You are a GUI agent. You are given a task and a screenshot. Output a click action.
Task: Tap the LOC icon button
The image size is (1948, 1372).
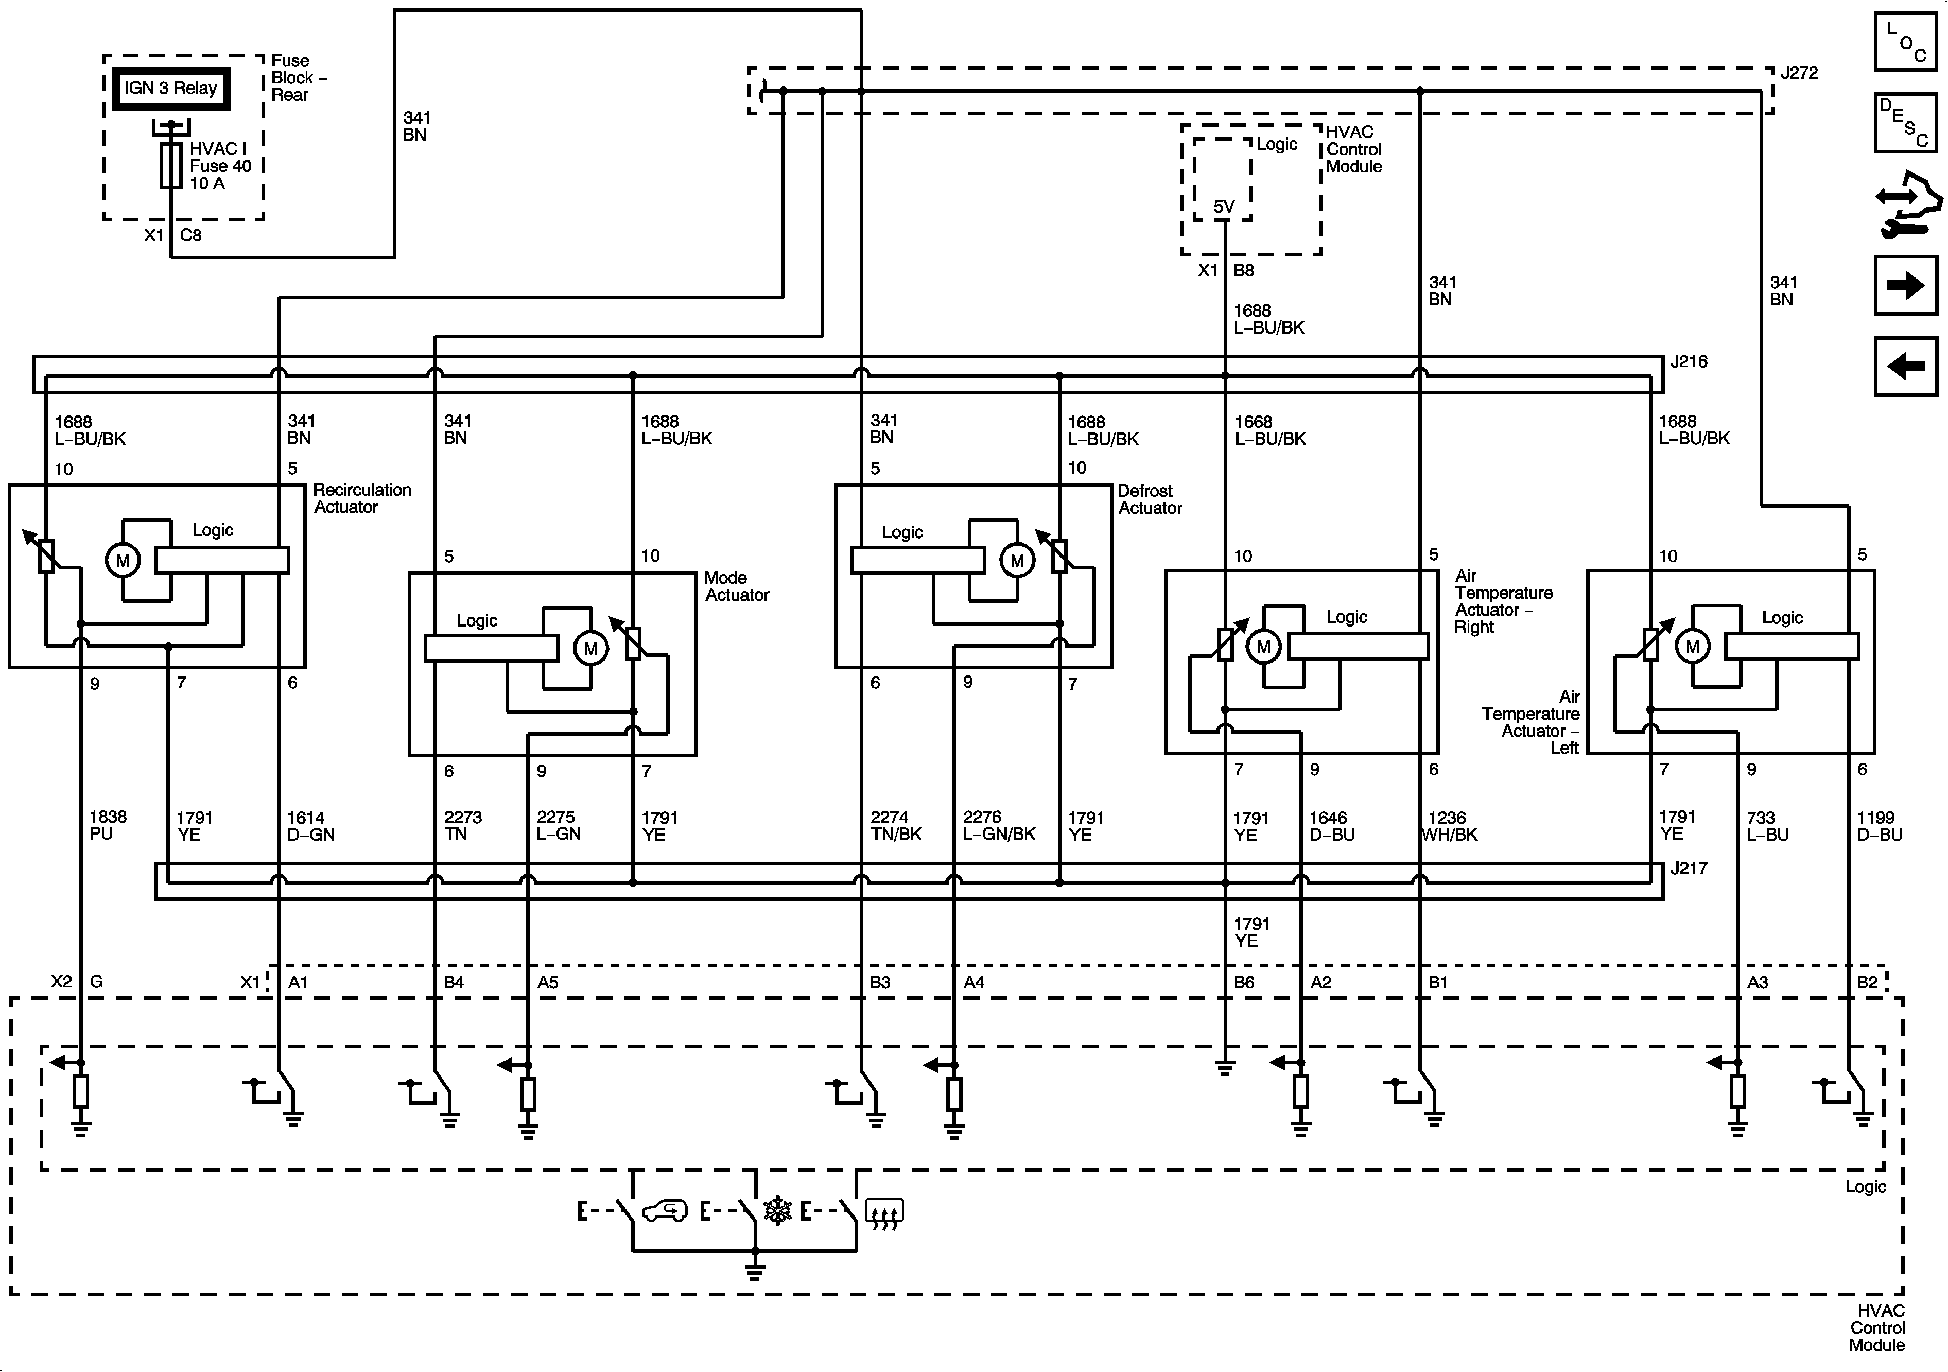click(x=1905, y=42)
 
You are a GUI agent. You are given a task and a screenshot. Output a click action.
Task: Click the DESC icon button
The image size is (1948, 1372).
click(x=1905, y=123)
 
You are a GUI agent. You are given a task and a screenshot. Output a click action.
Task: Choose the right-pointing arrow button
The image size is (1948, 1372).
click(x=1905, y=285)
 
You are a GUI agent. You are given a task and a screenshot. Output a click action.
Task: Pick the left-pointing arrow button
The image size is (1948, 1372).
click(x=1905, y=367)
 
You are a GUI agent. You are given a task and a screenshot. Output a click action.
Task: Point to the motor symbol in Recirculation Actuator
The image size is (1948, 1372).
click(x=123, y=560)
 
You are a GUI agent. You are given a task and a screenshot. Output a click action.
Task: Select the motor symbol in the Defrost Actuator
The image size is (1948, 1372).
click(x=1016, y=560)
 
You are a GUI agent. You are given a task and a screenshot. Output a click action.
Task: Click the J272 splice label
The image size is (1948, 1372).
click(x=1799, y=73)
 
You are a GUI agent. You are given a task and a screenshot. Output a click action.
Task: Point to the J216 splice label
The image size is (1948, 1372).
click(x=1689, y=361)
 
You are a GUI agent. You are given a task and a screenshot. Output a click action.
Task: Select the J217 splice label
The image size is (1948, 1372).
click(x=1689, y=869)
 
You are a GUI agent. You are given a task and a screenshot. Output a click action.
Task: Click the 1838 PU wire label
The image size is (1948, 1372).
click(x=108, y=825)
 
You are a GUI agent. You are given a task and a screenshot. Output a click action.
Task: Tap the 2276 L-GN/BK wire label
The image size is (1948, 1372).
click(x=999, y=826)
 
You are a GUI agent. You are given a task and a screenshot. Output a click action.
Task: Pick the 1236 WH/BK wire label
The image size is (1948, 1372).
click(x=1449, y=826)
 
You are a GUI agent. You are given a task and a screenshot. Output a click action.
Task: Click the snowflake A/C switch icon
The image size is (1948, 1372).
click(x=777, y=1211)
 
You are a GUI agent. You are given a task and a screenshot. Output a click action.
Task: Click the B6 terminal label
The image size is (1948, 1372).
click(x=1244, y=983)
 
